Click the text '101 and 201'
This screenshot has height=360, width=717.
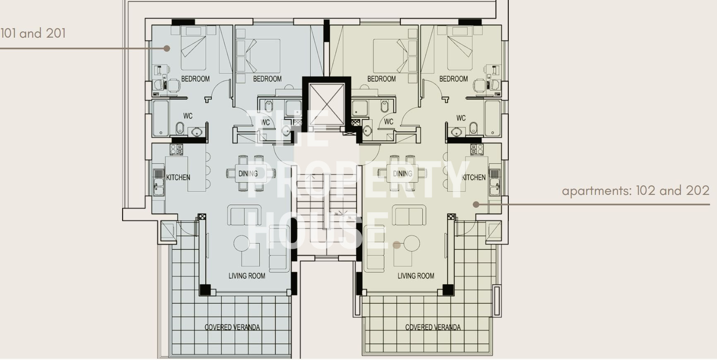pos(33,33)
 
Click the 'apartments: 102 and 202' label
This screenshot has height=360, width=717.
pos(635,191)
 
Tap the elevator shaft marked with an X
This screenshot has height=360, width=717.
pos(327,104)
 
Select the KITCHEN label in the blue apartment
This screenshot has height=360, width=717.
pos(178,178)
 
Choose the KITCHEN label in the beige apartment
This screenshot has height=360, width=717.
pos(474,178)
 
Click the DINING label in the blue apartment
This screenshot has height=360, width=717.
pos(248,174)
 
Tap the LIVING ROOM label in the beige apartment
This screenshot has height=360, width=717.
pos(416,276)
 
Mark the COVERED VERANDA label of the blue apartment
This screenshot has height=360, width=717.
pos(232,327)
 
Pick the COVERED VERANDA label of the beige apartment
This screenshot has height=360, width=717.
pos(433,327)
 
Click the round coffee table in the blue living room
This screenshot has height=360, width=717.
pos(242,243)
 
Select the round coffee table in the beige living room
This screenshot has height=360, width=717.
pos(411,243)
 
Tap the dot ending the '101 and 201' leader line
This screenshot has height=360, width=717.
pos(167,48)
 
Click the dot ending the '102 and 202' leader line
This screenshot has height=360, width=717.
pos(476,204)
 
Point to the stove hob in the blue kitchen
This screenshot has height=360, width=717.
pos(177,149)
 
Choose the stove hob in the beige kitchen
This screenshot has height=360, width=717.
pos(476,149)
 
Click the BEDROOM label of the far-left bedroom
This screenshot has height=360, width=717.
pos(195,79)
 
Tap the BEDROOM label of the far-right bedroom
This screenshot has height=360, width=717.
pos(453,79)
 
